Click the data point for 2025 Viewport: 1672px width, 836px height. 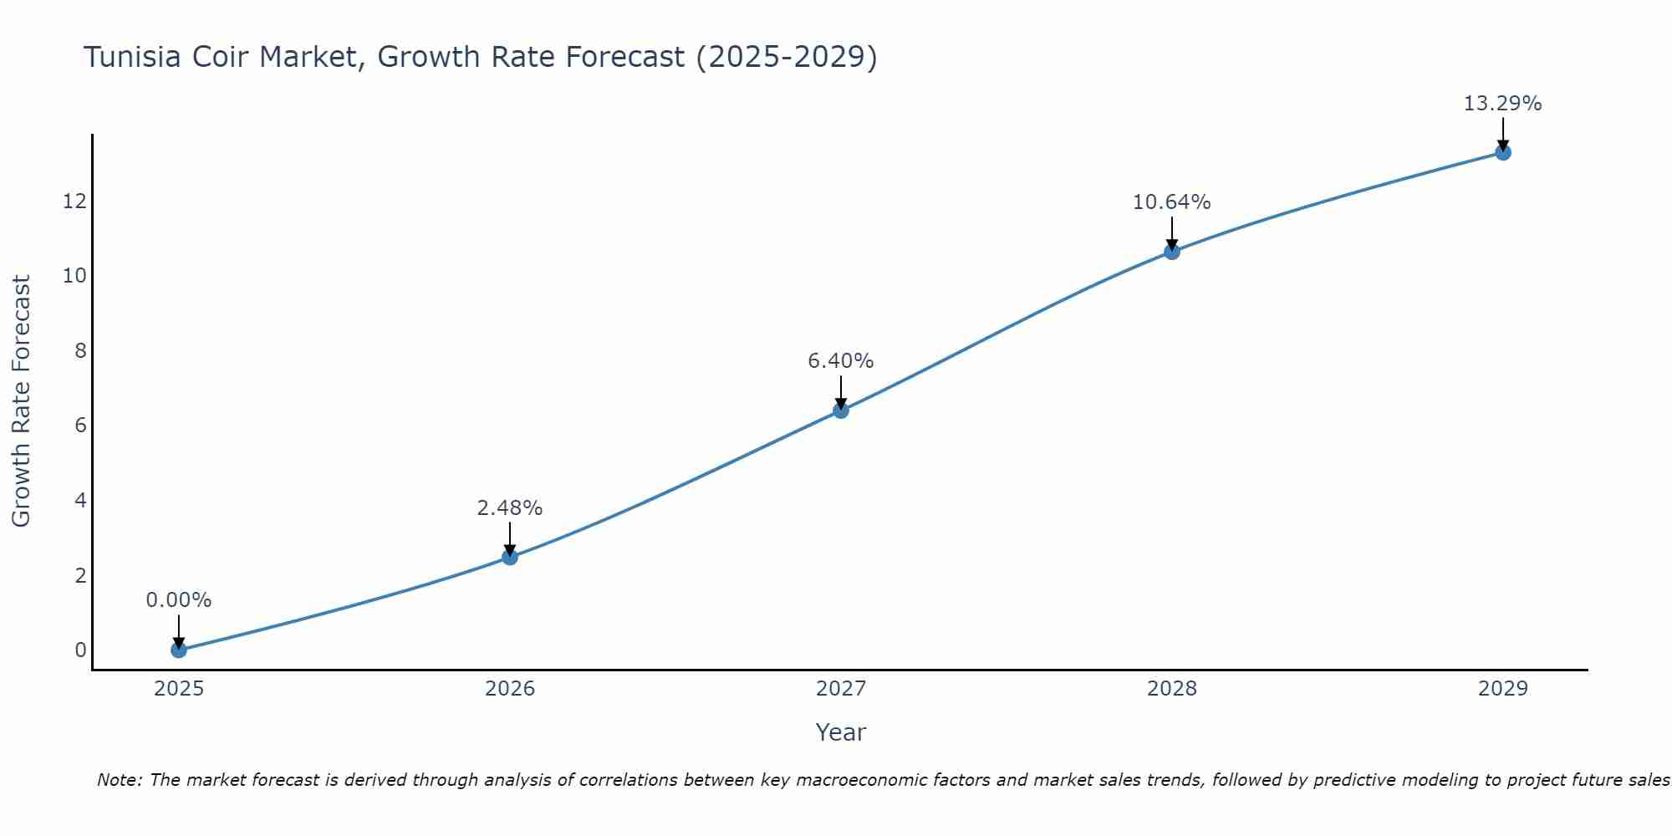point(178,650)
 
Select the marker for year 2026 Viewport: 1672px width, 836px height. point(510,557)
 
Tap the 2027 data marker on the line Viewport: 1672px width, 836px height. point(841,410)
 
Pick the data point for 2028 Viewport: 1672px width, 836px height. point(1172,252)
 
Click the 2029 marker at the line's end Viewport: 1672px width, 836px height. point(1503,152)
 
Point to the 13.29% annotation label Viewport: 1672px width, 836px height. point(1502,104)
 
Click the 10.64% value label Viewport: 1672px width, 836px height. point(1171,202)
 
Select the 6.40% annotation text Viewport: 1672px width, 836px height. point(840,361)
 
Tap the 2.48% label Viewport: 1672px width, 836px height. point(509,508)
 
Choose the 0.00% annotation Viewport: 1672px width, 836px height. point(178,600)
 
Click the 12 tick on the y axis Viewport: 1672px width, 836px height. point(74,201)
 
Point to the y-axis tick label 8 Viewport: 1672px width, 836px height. point(80,350)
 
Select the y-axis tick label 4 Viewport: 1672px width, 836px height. point(80,500)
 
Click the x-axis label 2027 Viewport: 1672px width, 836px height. point(841,689)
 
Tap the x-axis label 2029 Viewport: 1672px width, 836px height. point(1503,689)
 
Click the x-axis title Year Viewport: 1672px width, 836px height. point(840,732)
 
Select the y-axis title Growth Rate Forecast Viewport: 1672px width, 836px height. point(21,401)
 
